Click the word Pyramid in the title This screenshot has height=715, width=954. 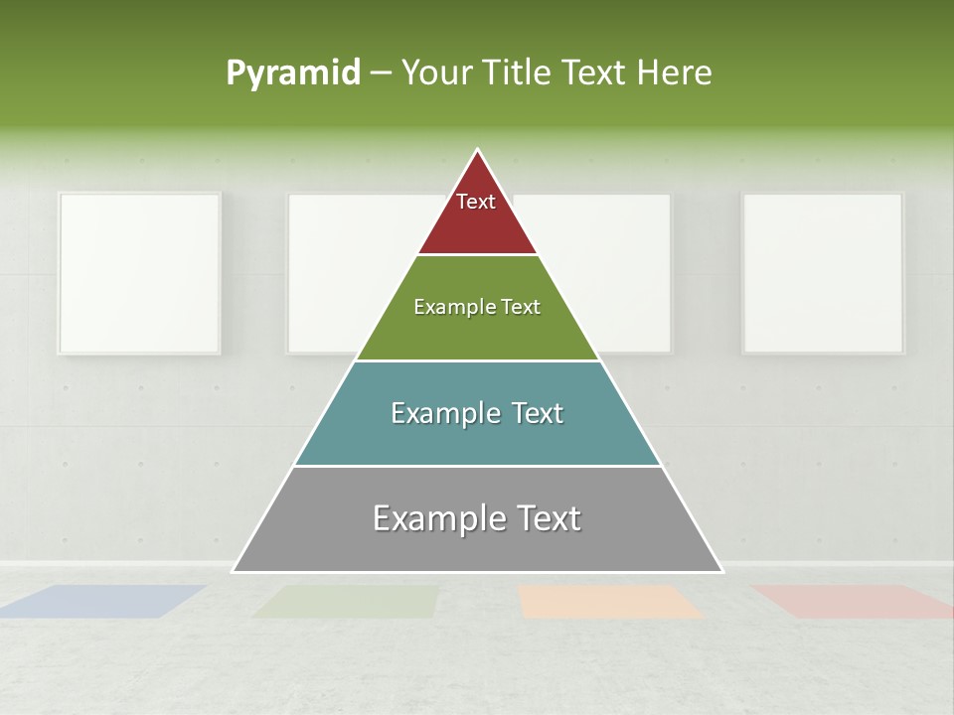(x=293, y=73)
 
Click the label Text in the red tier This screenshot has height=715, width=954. (x=476, y=202)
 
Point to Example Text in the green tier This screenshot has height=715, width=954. (x=477, y=307)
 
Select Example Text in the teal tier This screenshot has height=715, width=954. (x=477, y=413)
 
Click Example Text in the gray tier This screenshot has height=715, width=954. (x=477, y=518)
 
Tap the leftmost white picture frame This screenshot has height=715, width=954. (x=139, y=273)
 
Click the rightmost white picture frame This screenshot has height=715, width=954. (x=823, y=273)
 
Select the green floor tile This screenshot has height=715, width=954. (x=348, y=601)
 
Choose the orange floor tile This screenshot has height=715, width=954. (x=608, y=601)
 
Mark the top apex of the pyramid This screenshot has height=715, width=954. (x=478, y=151)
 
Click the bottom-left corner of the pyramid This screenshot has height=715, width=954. (x=234, y=571)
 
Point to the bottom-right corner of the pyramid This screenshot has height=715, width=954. (x=721, y=571)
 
